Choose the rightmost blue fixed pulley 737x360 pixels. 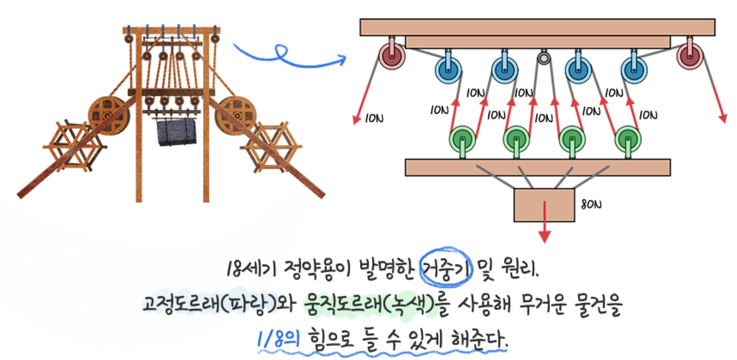(x=634, y=70)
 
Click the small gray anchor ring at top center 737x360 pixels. (x=544, y=58)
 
